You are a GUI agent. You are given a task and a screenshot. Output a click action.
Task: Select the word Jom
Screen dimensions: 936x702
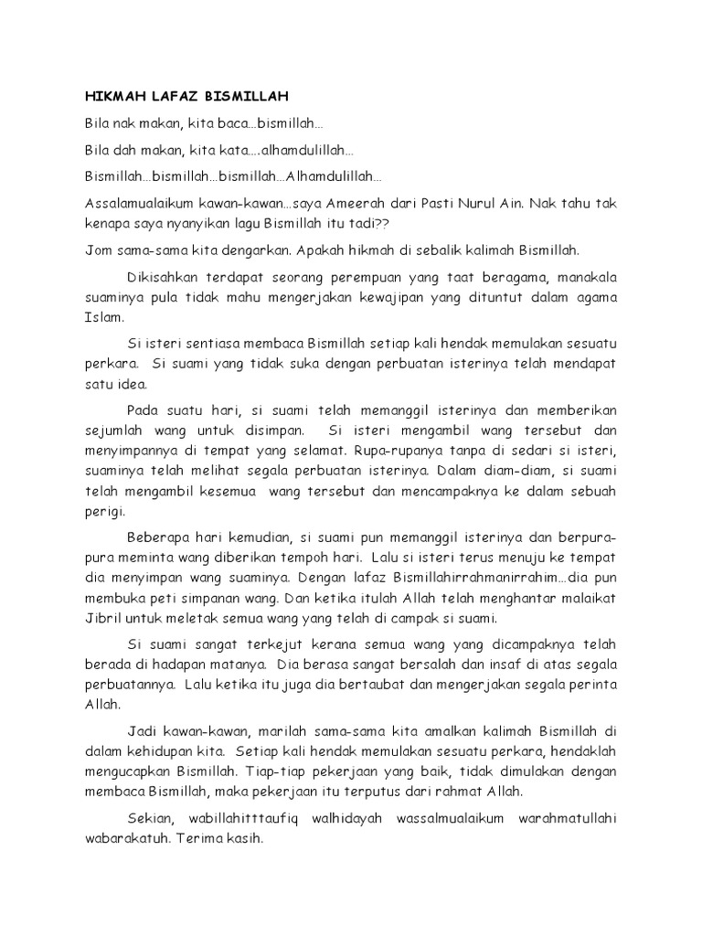click(x=97, y=250)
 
